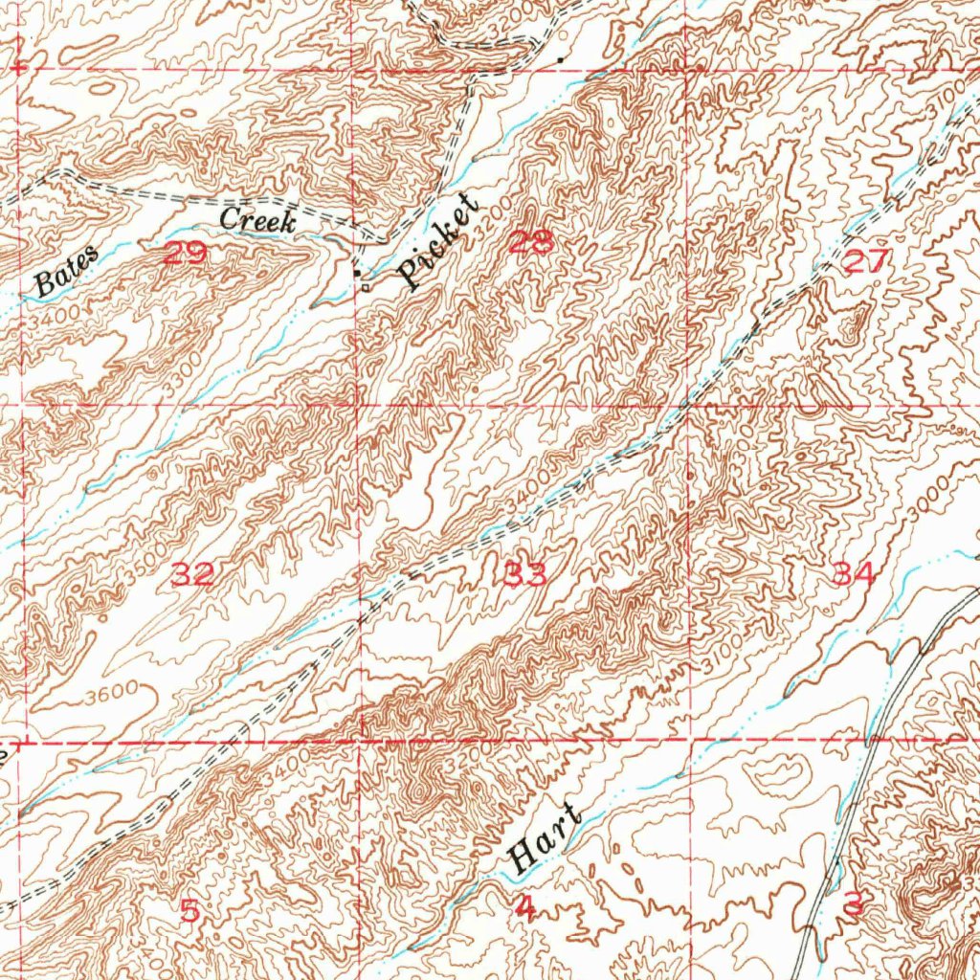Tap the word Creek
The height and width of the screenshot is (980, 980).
(258, 219)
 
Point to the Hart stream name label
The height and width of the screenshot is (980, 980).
(546, 839)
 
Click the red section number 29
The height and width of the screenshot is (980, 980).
(185, 255)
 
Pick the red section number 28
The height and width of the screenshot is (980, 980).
(530, 243)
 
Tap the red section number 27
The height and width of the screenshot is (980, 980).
(868, 261)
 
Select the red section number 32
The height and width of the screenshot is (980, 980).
(191, 574)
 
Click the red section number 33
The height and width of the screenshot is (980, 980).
(525, 574)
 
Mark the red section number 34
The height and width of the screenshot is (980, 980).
(854, 574)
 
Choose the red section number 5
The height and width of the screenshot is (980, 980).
(189, 911)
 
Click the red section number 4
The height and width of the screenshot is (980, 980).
(524, 908)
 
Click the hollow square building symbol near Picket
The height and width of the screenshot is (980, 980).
(365, 286)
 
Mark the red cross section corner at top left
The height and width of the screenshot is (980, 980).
(19, 69)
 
